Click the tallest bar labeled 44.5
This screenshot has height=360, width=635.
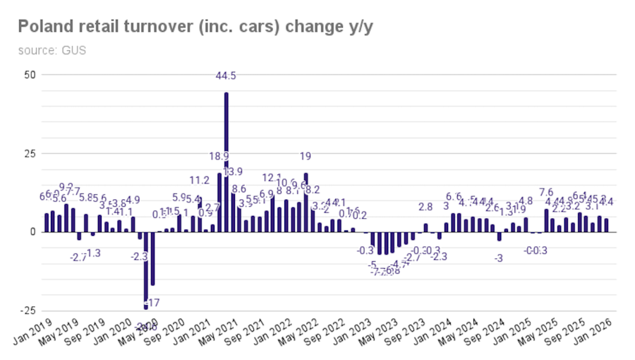coord(226,162)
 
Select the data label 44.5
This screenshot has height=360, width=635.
coord(226,76)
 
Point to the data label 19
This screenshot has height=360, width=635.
coord(306,157)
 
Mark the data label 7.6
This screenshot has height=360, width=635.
coord(546,192)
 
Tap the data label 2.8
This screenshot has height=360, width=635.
coord(425,207)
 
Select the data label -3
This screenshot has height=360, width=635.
coord(500,258)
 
